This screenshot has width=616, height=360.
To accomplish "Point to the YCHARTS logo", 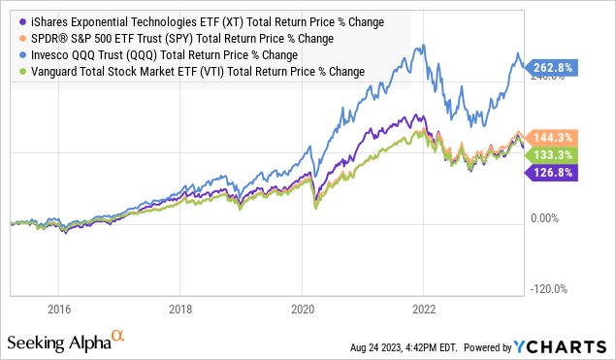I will coord(567,346).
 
